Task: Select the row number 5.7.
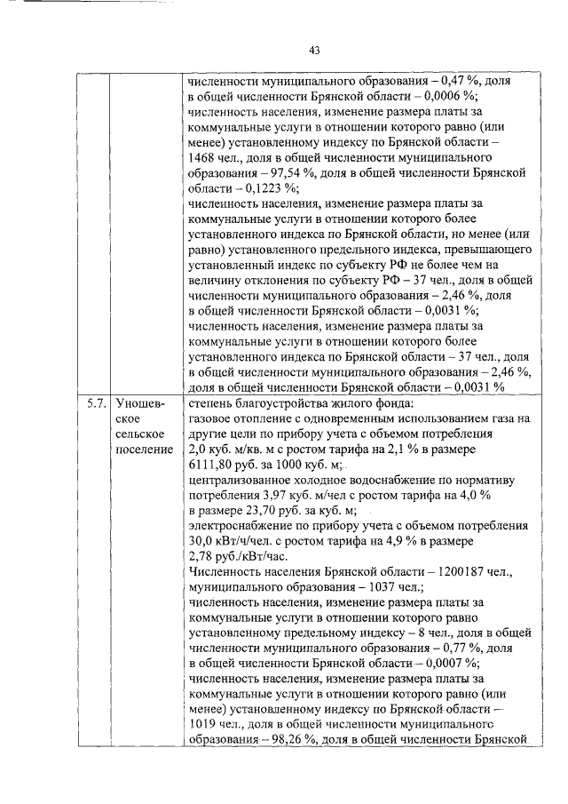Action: pos(96,403)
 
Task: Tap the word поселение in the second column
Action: pos(144,451)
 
